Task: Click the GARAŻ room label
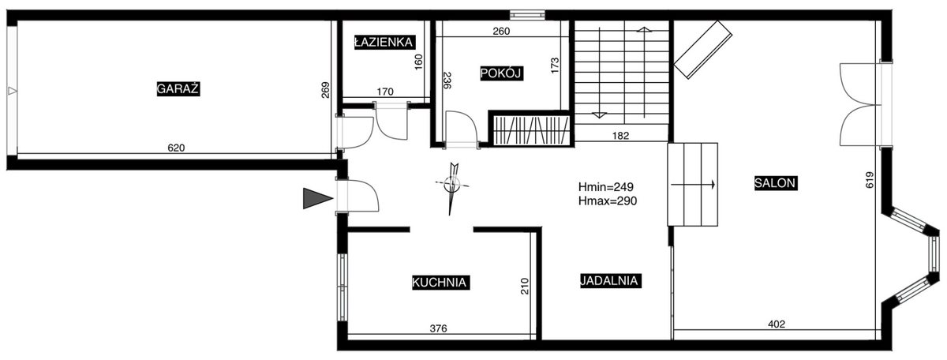178,89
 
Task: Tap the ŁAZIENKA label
384,43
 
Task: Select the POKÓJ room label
502,73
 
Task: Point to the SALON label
776,183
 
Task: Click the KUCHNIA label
440,282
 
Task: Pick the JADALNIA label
610,280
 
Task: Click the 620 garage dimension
176,148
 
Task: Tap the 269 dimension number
325,90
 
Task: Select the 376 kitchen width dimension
439,328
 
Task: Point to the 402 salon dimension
777,324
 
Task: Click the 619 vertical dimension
870,180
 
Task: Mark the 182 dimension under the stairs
620,136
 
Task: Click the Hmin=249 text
606,187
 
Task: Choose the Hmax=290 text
608,201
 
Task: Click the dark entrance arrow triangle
316,198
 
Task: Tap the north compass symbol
452,186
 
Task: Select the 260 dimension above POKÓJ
501,32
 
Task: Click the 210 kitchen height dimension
525,286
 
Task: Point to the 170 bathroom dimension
385,92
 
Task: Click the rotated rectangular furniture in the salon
702,50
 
